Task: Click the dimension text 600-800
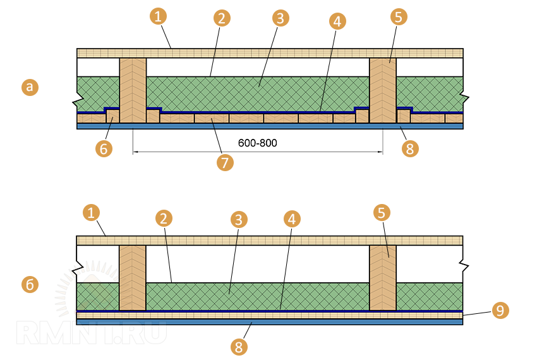coord(257,143)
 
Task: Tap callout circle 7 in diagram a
coord(224,162)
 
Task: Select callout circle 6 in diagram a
coord(104,149)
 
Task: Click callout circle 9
coord(499,311)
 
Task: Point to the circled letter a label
coord(29,87)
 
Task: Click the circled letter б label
coord(29,284)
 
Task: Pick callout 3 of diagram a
coord(281,18)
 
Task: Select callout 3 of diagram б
coord(238,220)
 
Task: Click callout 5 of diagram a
coord(397,17)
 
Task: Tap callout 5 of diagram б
coord(381,213)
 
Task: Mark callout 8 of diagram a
coord(409,149)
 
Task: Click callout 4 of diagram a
coord(337,21)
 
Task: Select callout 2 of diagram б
coord(164,219)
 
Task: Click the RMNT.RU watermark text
coord(92,332)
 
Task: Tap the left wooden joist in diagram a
coord(133,90)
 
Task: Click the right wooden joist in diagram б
coord(383,278)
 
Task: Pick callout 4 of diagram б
coord(291,219)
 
